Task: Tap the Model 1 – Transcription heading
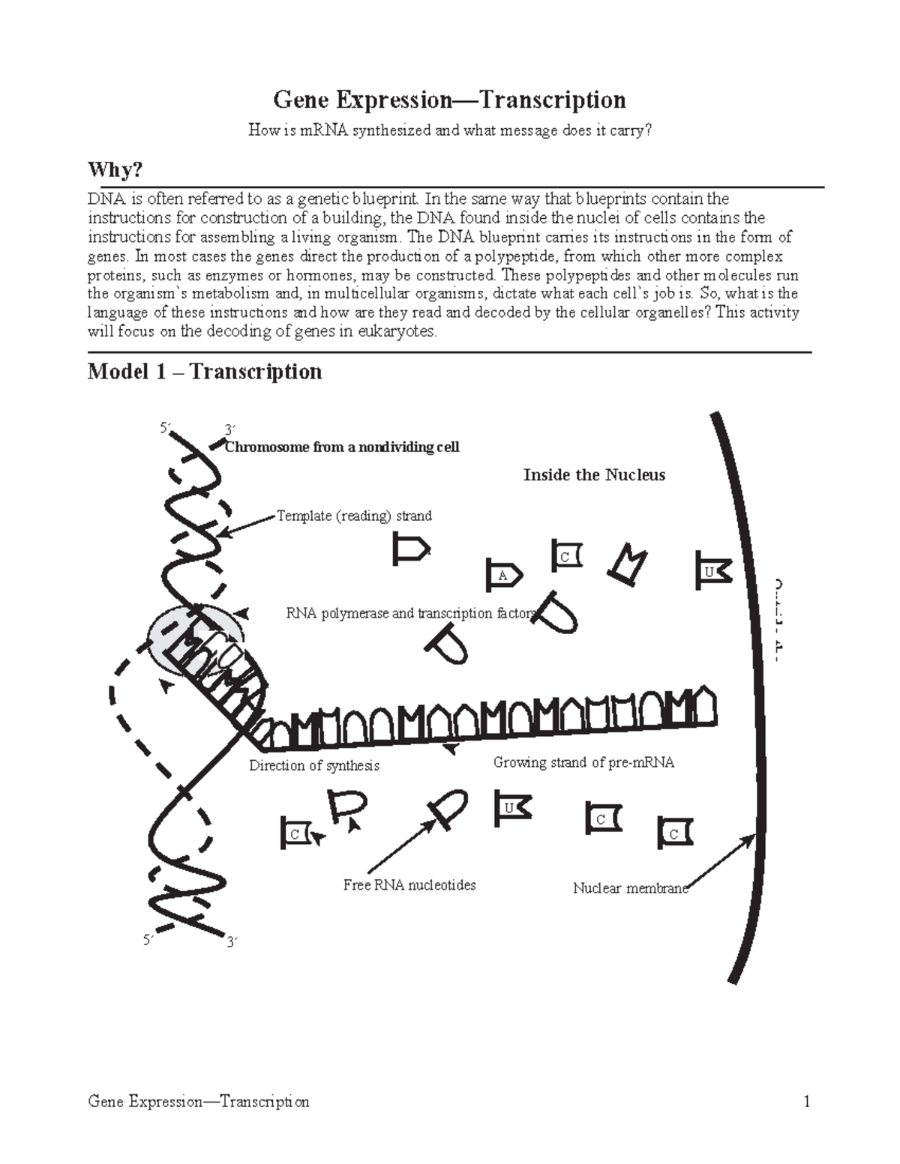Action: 205,372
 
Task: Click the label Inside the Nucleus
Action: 594,475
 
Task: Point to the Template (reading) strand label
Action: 354,516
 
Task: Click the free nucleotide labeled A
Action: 503,575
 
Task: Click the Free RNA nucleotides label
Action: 409,885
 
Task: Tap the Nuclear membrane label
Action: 630,888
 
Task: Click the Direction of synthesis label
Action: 314,766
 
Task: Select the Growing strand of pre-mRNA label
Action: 583,762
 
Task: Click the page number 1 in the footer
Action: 806,1102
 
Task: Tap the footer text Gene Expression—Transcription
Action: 198,1102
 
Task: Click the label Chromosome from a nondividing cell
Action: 342,447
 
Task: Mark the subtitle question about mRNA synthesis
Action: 450,130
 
